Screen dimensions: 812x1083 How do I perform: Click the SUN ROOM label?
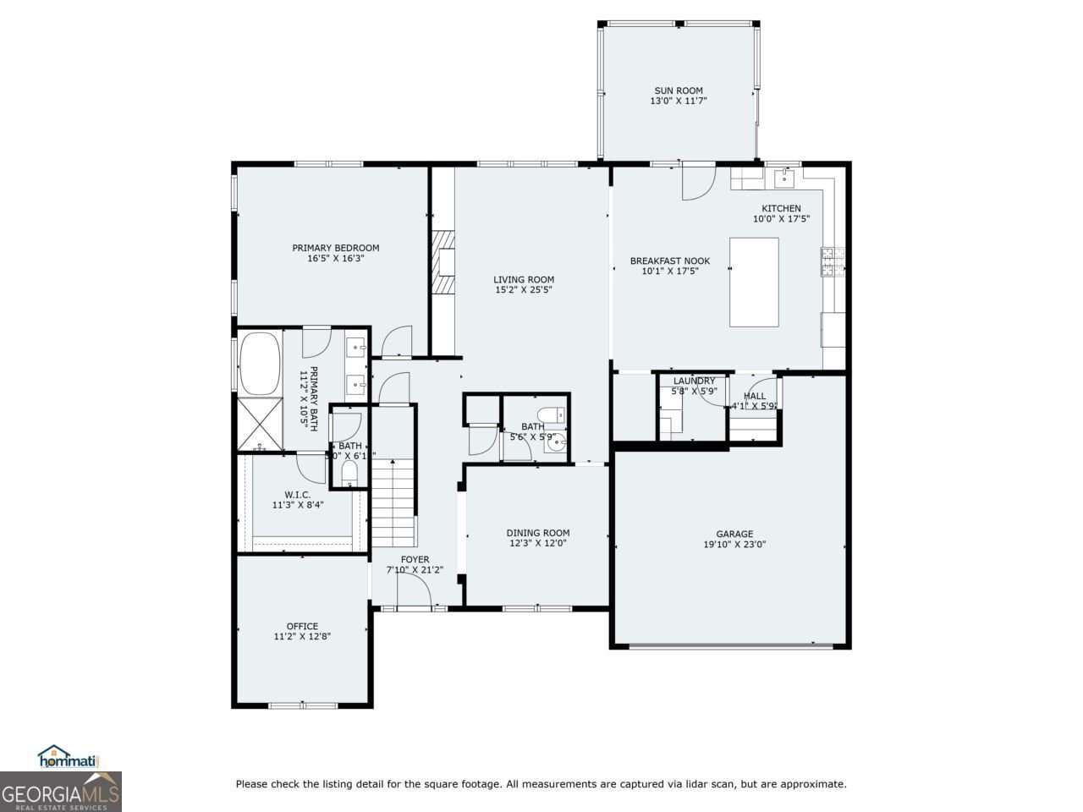click(x=678, y=91)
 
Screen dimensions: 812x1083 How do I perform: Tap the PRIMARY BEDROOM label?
click(x=335, y=248)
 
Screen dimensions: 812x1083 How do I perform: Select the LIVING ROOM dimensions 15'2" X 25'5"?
click(x=524, y=290)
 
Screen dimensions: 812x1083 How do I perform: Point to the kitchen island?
click(x=754, y=282)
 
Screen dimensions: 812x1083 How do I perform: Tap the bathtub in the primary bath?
click(x=260, y=364)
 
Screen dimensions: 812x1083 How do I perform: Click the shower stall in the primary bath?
click(x=260, y=425)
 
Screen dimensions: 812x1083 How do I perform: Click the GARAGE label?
click(x=734, y=534)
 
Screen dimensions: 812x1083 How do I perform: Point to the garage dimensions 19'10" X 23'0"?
click(x=734, y=545)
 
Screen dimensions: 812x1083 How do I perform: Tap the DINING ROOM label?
click(x=537, y=533)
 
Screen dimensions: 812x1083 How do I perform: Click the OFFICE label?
click(x=302, y=626)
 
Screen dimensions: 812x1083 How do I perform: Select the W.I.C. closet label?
click(x=297, y=494)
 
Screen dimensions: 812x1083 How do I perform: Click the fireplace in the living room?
click(x=443, y=262)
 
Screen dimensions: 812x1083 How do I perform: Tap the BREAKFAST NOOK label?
click(x=669, y=261)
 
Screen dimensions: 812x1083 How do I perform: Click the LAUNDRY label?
click(x=694, y=381)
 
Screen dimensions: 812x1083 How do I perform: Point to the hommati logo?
click(x=69, y=757)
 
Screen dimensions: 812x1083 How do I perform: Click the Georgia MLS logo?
click(x=60, y=793)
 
